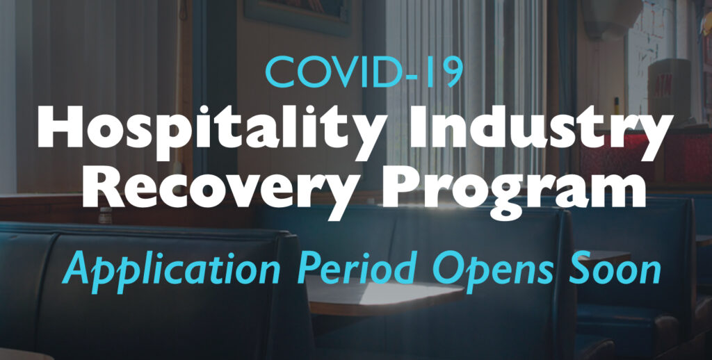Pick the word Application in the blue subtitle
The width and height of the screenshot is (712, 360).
172,268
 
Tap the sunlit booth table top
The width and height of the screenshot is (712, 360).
385,295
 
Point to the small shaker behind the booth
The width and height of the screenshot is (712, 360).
105,215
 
